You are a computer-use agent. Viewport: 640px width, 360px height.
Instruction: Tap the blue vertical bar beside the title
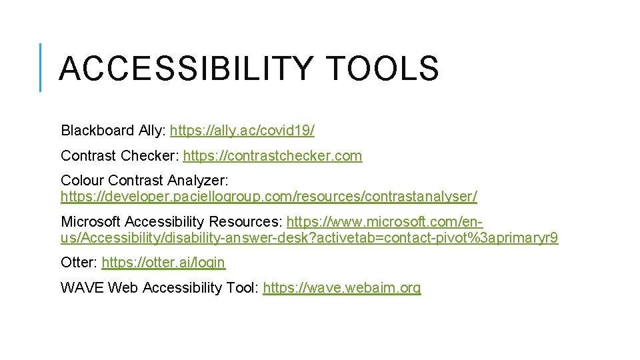tap(40, 67)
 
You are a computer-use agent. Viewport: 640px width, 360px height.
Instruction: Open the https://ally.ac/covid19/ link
tap(243, 131)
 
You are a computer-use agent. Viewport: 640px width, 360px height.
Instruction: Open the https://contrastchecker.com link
tap(273, 156)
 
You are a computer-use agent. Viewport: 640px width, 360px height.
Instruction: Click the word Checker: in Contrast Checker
tap(150, 156)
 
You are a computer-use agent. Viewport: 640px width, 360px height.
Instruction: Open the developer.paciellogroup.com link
tap(269, 197)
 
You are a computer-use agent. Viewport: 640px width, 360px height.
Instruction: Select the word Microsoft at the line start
tap(90, 222)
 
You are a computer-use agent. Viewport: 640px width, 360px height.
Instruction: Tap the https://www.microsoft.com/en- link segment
tap(385, 222)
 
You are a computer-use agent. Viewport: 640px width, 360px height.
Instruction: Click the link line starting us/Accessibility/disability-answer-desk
tap(309, 238)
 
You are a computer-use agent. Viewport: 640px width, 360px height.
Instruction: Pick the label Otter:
tap(79, 263)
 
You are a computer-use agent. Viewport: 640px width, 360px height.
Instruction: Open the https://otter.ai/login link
tap(163, 263)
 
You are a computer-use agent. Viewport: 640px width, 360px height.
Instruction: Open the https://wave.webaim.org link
tap(342, 288)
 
